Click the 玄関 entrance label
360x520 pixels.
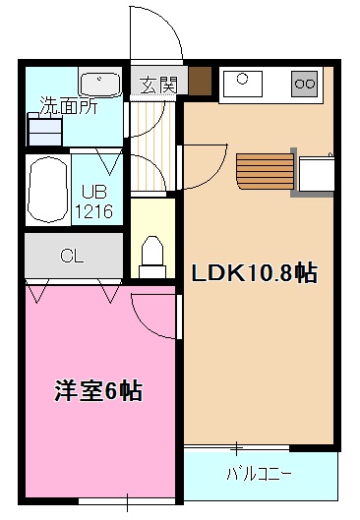[x=158, y=86]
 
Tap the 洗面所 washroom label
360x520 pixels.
[x=69, y=105]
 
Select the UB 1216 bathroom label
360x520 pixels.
[x=93, y=202]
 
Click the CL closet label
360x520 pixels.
[x=73, y=256]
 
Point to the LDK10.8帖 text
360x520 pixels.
[x=255, y=273]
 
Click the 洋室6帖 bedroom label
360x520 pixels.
[x=98, y=391]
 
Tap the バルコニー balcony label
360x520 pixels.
[x=259, y=474]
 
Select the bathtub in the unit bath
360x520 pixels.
[x=48, y=190]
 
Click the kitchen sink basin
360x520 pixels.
[x=243, y=83]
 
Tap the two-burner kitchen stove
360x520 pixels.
[x=305, y=84]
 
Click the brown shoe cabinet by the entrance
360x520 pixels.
[x=200, y=81]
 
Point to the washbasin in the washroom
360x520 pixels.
[x=99, y=85]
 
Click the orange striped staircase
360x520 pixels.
[x=266, y=171]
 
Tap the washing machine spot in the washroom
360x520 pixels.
[x=45, y=130]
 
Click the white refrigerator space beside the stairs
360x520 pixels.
[x=317, y=174]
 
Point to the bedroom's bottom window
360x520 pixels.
[x=128, y=500]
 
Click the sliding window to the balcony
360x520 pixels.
[x=237, y=448]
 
